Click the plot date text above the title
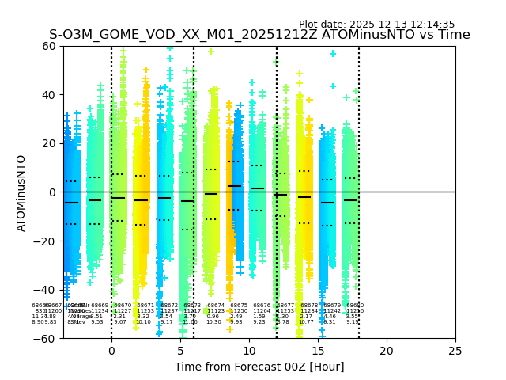tap(376, 25)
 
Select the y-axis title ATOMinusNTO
tap(21, 192)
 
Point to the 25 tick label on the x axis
tap(455, 351)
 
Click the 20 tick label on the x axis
tap(387, 351)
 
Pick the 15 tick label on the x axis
tap(318, 351)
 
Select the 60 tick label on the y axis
tap(47, 46)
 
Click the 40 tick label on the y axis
tap(47, 95)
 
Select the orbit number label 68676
tap(262, 306)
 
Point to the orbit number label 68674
tap(216, 306)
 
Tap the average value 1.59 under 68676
tap(259, 317)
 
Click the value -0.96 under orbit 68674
tap(213, 317)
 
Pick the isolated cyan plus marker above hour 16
tap(333, 54)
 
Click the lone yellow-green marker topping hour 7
tap(211, 51)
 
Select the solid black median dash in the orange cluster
tap(235, 186)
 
